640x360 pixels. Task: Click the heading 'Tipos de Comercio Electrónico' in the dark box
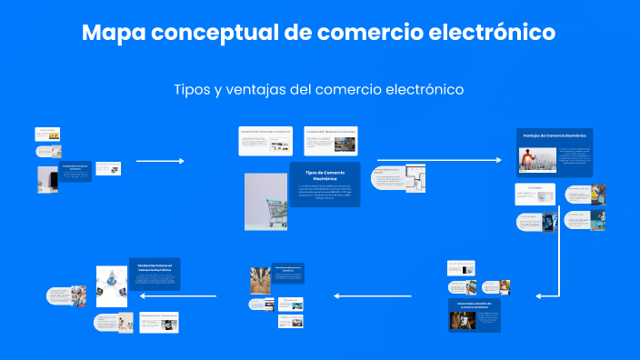click(325, 175)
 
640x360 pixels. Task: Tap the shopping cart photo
click(266, 201)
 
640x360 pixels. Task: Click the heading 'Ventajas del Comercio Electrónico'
click(555, 135)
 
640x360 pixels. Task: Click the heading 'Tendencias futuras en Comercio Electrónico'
click(155, 265)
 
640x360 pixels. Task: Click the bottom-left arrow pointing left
click(189, 296)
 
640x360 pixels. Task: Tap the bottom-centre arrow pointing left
click(374, 296)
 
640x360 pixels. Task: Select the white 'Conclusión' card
click(535, 192)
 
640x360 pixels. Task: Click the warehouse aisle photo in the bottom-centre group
click(261, 279)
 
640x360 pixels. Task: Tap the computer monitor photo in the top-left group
click(48, 179)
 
